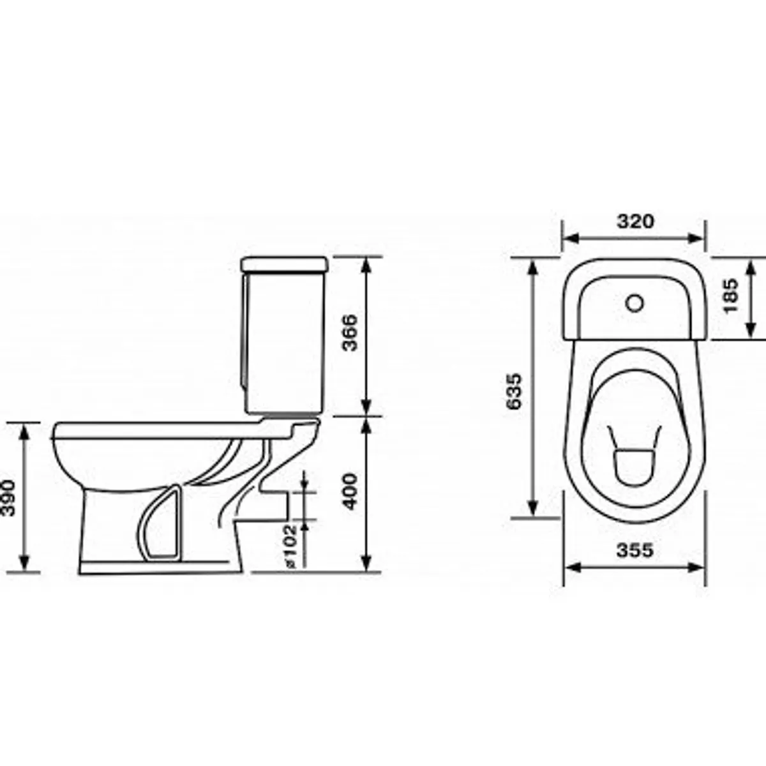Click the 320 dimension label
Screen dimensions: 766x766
(x=635, y=222)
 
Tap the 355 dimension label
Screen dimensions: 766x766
(x=635, y=550)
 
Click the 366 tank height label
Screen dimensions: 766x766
(x=350, y=333)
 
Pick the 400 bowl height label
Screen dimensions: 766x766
(x=350, y=492)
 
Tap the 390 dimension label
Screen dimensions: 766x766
(x=8, y=499)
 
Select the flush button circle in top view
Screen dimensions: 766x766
(x=635, y=303)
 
